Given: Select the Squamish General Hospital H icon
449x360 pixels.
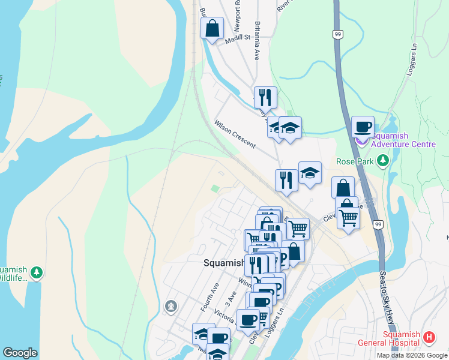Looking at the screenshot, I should click(x=429, y=338).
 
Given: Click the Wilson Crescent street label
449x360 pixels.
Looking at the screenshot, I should click(x=235, y=134).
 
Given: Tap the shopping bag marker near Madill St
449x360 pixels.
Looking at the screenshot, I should click(x=212, y=28).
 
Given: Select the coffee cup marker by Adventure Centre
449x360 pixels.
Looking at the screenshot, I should click(x=362, y=127).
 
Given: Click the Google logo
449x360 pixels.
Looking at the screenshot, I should click(x=20, y=353).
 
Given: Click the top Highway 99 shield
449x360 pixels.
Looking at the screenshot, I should click(x=339, y=35).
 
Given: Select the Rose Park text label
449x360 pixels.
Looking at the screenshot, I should click(x=356, y=161).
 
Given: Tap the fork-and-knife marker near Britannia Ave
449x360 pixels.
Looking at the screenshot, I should click(x=265, y=97).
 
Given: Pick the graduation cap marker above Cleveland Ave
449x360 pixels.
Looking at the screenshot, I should click(x=310, y=172).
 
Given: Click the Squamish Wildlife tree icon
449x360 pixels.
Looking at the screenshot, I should click(x=37, y=273).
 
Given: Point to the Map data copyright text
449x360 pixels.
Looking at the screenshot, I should click(x=411, y=355).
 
